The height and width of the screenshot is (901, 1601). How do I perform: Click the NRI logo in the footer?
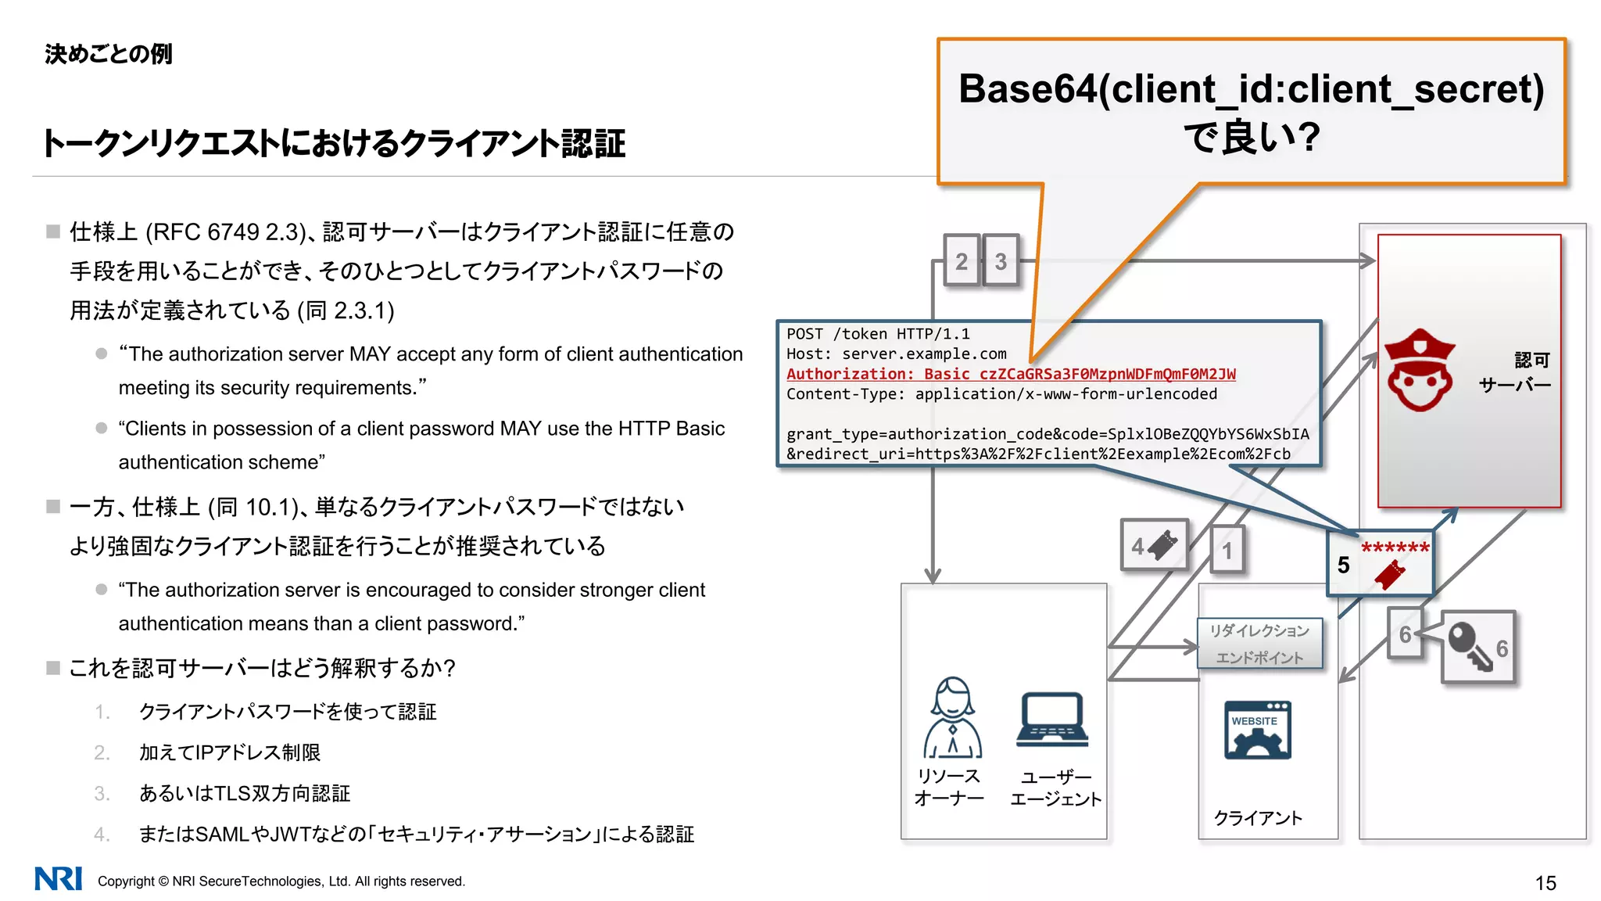pyautogui.click(x=58, y=879)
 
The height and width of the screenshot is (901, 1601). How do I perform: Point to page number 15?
pyautogui.click(x=1545, y=883)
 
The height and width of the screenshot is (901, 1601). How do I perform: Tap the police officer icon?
pyautogui.click(x=1419, y=370)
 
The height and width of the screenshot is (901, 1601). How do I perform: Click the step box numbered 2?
pyautogui.click(x=961, y=261)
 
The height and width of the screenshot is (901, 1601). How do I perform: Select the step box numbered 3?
pyautogui.click(x=1001, y=261)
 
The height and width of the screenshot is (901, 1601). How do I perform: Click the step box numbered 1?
pyautogui.click(x=1227, y=551)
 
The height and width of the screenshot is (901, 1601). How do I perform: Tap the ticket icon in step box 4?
pyautogui.click(x=1163, y=544)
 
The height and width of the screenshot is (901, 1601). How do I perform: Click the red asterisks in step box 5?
pyautogui.click(x=1395, y=548)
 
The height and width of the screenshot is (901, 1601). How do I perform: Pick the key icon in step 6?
pyautogui.click(x=1470, y=646)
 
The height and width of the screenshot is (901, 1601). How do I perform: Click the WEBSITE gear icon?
pyautogui.click(x=1257, y=730)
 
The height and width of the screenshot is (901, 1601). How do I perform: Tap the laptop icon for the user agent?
pyautogui.click(x=1052, y=720)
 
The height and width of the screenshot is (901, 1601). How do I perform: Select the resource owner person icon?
pyautogui.click(x=952, y=718)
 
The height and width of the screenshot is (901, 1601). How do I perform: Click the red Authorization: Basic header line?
pyautogui.click(x=1010, y=374)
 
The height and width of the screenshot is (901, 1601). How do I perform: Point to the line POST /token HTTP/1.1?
pyautogui.click(x=877, y=334)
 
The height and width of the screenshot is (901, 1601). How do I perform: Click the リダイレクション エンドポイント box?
pyautogui.click(x=1259, y=643)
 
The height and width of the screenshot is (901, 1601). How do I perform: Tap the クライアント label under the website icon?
pyautogui.click(x=1257, y=818)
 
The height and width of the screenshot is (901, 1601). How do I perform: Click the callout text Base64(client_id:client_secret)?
pyautogui.click(x=1251, y=89)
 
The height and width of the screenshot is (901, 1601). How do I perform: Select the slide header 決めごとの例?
pyautogui.click(x=108, y=54)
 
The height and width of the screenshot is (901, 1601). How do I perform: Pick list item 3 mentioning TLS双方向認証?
pyautogui.click(x=244, y=793)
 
